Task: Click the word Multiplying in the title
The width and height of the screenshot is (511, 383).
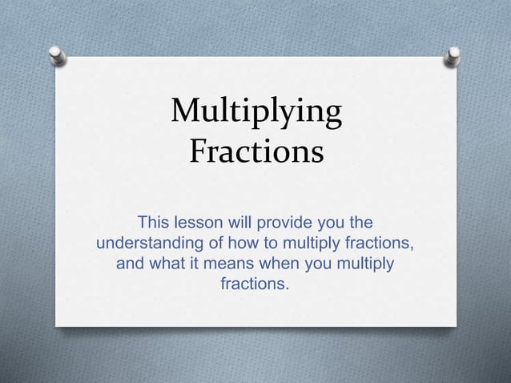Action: (255, 115)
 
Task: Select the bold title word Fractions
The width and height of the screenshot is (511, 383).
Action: (255, 151)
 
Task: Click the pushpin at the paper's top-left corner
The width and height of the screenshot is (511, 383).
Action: (58, 55)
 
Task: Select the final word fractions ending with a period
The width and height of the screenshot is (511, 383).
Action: (255, 284)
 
